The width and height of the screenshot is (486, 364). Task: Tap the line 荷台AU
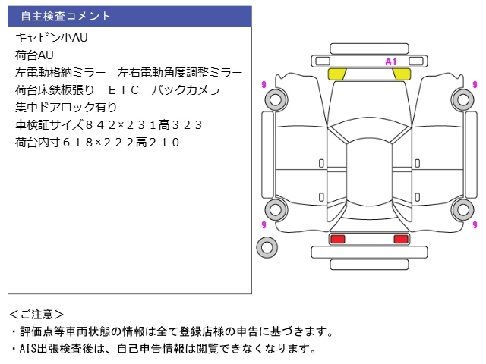pyautogui.click(x=35, y=55)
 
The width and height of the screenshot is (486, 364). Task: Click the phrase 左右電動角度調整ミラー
pyautogui.click(x=181, y=72)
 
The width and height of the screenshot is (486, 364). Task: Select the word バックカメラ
pyautogui.click(x=186, y=89)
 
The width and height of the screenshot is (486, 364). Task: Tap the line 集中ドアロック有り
pyautogui.click(x=66, y=107)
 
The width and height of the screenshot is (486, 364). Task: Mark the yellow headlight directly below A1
pyautogui.click(x=400, y=74)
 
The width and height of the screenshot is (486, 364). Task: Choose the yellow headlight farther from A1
pyautogui.click(x=337, y=74)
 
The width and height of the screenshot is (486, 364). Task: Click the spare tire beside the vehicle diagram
pyautogui.click(x=267, y=246)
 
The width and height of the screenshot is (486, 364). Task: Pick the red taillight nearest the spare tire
pyautogui.click(x=337, y=239)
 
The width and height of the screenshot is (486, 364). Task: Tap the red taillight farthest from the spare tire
pyautogui.click(x=400, y=239)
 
